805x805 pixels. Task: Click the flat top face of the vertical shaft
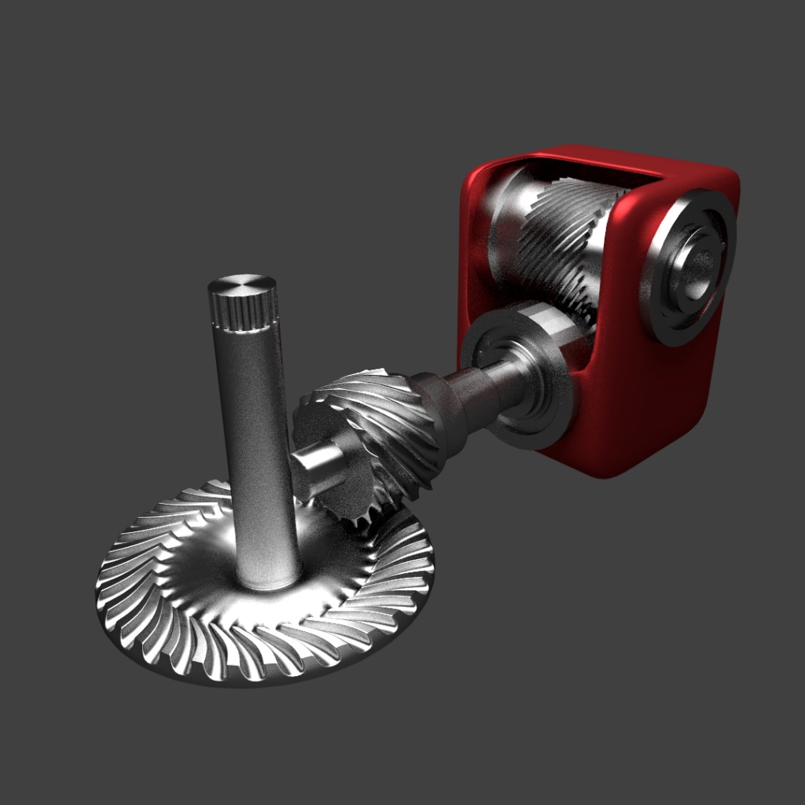[x=241, y=285]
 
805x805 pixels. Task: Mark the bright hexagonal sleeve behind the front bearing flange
[x=562, y=330]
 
